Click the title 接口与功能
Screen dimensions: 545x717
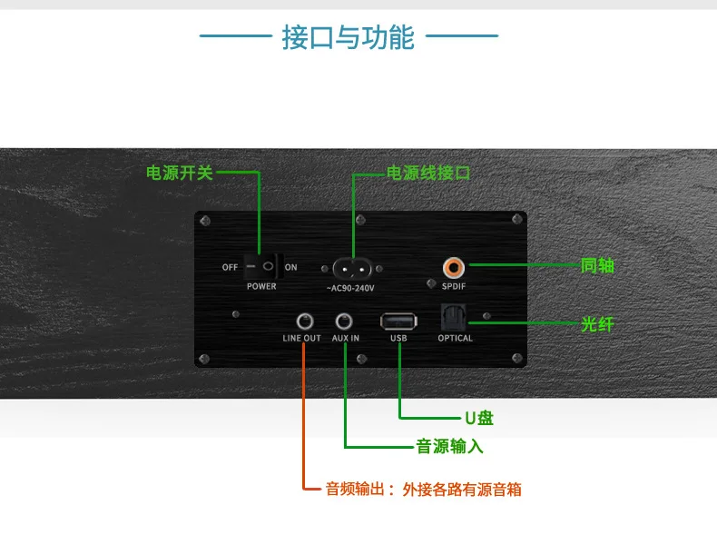tap(349, 37)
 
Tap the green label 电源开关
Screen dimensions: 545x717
tap(180, 172)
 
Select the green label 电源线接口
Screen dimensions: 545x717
tap(428, 172)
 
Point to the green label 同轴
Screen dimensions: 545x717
tap(597, 265)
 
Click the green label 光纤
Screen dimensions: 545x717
tap(597, 323)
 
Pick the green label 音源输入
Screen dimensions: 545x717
tap(449, 446)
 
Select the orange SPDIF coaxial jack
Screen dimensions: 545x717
tap(453, 267)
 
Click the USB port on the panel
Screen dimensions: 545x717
tap(398, 321)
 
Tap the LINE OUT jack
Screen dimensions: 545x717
tap(302, 321)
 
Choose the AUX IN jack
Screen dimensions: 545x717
tap(345, 321)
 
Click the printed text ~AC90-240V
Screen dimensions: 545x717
tap(350, 288)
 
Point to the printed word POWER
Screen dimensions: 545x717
tap(261, 286)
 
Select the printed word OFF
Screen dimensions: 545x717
tap(230, 267)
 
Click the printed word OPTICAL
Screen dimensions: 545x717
tap(455, 338)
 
